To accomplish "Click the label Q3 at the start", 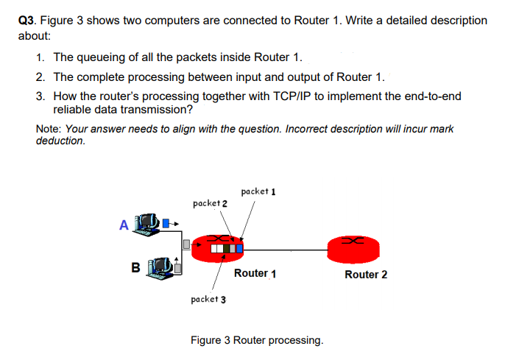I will pos(27,21).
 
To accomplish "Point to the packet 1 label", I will pos(258,191).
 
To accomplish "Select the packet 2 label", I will pos(210,202).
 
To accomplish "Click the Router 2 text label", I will pos(366,275).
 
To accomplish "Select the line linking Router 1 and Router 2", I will pos(287,250).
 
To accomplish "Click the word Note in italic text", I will pos(49,129).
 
